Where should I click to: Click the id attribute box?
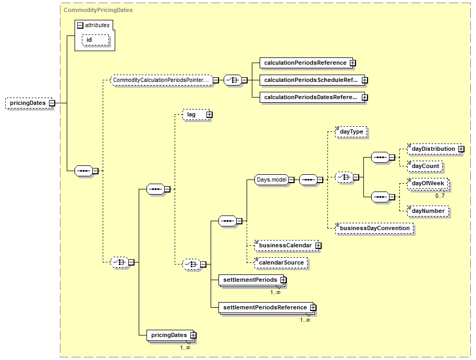[x=95, y=40]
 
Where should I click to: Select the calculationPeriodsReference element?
[x=307, y=63]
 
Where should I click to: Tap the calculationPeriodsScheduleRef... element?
[x=312, y=80]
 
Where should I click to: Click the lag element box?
[x=196, y=115]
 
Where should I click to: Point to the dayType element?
[x=351, y=132]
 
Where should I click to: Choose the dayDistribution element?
[x=434, y=149]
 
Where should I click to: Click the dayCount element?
[x=425, y=166]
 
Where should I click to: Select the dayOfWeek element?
[x=428, y=184]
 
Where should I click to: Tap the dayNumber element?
[x=428, y=211]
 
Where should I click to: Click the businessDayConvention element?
[x=375, y=228]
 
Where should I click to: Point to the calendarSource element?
[x=281, y=263]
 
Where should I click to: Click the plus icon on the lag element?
[x=210, y=115]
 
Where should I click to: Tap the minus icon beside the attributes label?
[x=80, y=26]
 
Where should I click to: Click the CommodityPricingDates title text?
[x=98, y=10]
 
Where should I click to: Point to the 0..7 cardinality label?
[x=440, y=196]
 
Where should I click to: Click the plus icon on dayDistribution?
[x=461, y=149]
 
